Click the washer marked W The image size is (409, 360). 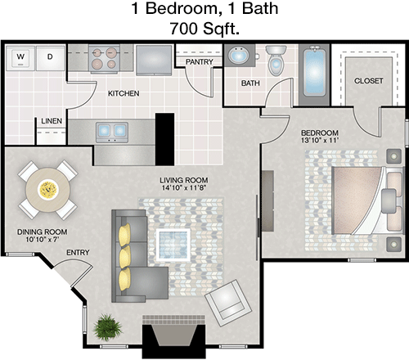coord(20,57)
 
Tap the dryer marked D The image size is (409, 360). coord(50,57)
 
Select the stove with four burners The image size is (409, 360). coord(105,59)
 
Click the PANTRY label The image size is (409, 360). coord(200,62)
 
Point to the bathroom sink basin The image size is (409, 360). coord(238,55)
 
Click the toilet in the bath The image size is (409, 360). coord(276,60)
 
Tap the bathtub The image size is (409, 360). coord(314,74)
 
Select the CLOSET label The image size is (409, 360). coord(369,81)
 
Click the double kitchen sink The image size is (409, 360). coord(112,133)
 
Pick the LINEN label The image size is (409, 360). coord(52,120)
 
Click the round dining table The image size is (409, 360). coord(48,190)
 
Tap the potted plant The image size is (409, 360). coord(107,327)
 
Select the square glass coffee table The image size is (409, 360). coord(173,245)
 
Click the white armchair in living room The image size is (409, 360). coord(228,303)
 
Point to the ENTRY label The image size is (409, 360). coord(78,253)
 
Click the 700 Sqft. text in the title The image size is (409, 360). coord(204,28)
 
